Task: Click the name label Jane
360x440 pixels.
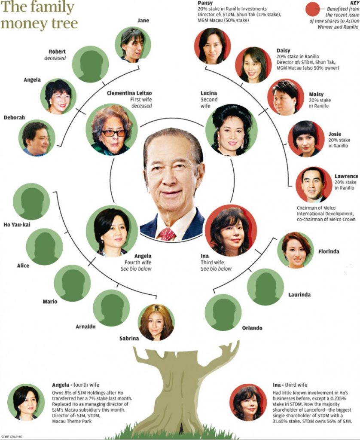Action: click(143, 21)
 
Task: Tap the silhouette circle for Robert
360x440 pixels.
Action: click(90, 64)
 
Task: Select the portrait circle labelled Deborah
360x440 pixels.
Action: click(37, 138)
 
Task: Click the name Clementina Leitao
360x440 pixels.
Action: click(129, 93)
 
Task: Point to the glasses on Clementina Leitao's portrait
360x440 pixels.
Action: click(113, 133)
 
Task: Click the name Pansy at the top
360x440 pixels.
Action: click(205, 3)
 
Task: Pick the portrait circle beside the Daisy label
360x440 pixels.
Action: click(253, 65)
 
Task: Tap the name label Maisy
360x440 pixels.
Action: click(316, 95)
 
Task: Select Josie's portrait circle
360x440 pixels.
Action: click(306, 139)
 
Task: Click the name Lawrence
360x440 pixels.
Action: click(346, 176)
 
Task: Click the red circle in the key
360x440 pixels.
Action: click(313, 9)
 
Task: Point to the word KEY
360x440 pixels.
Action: click(355, 3)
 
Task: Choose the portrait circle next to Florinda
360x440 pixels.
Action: click(296, 250)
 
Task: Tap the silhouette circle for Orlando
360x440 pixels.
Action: click(223, 312)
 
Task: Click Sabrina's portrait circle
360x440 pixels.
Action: click(156, 322)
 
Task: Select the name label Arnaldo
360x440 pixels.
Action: click(85, 327)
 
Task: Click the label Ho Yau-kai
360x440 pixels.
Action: click(17, 224)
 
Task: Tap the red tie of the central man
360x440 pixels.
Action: click(167, 234)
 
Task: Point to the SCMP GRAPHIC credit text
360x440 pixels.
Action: click(12, 437)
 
